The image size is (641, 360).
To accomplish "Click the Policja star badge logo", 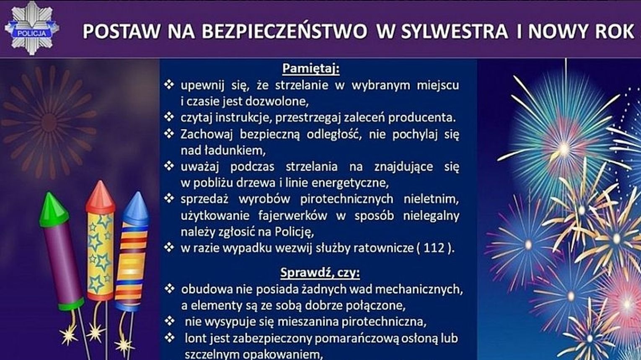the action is click(32, 28).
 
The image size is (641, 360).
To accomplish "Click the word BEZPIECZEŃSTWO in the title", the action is click(284, 31).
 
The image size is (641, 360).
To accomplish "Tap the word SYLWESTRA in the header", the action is click(455, 31).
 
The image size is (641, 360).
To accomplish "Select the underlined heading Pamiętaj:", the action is click(311, 69).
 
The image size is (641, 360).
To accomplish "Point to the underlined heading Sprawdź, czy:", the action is click(320, 273).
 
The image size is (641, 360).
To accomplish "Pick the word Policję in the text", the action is click(294, 232).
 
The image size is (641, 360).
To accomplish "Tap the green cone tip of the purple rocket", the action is click(53, 210).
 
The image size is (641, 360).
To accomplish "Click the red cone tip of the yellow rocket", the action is click(101, 197).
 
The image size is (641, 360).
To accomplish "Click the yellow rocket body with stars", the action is click(100, 256).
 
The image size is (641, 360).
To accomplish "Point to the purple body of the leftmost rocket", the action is click(63, 265).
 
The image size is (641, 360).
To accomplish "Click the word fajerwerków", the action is click(292, 215).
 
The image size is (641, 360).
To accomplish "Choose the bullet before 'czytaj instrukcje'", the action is click(169, 117).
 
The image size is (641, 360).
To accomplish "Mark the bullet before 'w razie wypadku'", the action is click(169, 248).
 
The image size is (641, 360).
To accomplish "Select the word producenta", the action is click(422, 118).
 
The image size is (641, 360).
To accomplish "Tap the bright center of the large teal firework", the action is click(564, 149).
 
